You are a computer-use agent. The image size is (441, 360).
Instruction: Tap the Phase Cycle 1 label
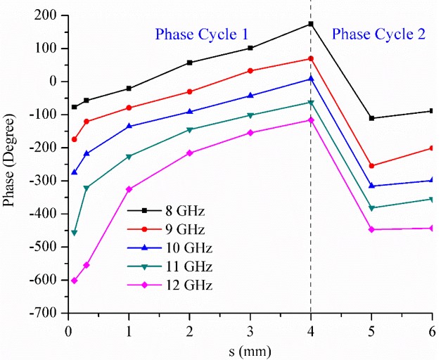[201, 34]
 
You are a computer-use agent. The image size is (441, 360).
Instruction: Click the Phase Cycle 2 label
[378, 34]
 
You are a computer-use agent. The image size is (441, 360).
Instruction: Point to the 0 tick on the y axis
[59, 82]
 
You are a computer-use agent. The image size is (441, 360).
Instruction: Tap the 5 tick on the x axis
[371, 328]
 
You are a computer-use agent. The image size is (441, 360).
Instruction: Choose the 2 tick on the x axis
[189, 328]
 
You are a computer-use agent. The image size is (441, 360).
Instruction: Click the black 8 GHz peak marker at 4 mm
[310, 24]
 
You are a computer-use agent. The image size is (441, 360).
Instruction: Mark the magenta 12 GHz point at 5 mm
[371, 229]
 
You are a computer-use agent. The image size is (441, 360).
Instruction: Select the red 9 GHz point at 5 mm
[371, 166]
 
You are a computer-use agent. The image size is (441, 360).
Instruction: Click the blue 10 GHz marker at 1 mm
[129, 126]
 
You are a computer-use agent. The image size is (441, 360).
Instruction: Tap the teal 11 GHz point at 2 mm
[189, 129]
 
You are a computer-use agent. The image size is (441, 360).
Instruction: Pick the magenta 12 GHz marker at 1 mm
[129, 189]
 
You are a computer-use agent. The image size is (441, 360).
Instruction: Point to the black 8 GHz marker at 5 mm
[371, 118]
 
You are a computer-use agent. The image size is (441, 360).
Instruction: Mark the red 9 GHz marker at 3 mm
[250, 70]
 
